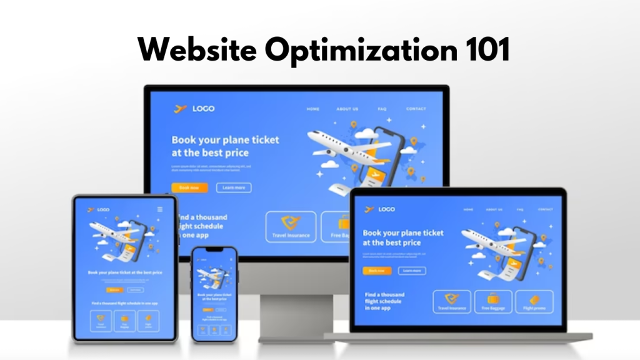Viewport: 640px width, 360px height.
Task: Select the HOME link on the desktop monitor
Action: coord(313,109)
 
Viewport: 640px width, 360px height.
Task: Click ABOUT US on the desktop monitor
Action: coord(347,109)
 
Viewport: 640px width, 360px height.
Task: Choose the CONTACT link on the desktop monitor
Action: coord(416,109)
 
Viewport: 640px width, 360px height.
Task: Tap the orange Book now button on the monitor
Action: coord(189,187)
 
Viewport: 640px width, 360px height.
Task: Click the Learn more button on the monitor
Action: coord(234,187)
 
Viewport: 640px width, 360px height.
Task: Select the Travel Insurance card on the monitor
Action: coord(291,226)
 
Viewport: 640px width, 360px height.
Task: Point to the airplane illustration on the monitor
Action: coord(341,147)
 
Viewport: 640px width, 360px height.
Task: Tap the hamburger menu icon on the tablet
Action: coord(160,209)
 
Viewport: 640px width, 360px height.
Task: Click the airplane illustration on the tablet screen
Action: coord(112,234)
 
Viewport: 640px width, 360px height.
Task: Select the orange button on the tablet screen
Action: coord(114,290)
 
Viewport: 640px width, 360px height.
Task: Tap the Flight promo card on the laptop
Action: coord(533,302)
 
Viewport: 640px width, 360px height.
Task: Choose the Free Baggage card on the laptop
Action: coord(493,302)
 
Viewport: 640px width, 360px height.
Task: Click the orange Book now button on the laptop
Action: coord(377,271)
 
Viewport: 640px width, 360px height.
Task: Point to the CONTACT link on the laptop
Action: coord(545,209)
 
